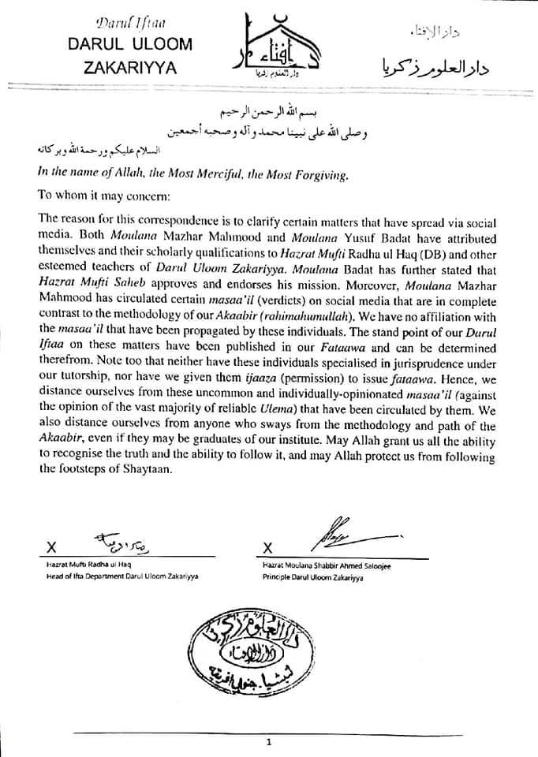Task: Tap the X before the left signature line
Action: click(x=51, y=546)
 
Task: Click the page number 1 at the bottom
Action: click(x=269, y=742)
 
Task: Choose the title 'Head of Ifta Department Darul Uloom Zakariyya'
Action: click(x=122, y=577)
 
